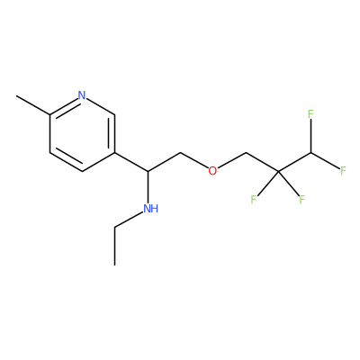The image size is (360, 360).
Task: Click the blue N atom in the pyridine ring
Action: pyautogui.click(x=82, y=95)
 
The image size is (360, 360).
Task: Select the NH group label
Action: pyautogui.click(x=150, y=209)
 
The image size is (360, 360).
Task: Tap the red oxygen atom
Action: pyautogui.click(x=212, y=171)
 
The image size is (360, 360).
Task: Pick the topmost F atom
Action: pyautogui.click(x=310, y=114)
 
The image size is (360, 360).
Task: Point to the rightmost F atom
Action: pyautogui.click(x=343, y=171)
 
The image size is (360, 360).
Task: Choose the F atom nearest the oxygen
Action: pyautogui.click(x=254, y=199)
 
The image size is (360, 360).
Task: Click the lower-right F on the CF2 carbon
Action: pyautogui.click(x=301, y=199)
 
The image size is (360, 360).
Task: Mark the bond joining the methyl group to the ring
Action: pyautogui.click(x=33, y=105)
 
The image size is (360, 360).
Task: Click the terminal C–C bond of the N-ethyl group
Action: pyautogui.click(x=114, y=247)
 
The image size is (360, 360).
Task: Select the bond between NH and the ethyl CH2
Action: pyautogui.click(x=129, y=220)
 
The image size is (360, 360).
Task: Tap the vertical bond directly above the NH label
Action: pyautogui.click(x=148, y=186)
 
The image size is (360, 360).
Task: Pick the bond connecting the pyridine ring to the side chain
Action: pyautogui.click(x=131, y=162)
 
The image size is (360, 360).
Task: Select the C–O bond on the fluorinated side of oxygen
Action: pyautogui.click(x=232, y=160)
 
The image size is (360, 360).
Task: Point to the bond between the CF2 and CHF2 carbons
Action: pyautogui.click(x=294, y=162)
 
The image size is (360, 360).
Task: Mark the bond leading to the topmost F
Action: pyautogui.click(x=310, y=136)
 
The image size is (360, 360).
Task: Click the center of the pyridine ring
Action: pyautogui.click(x=82, y=133)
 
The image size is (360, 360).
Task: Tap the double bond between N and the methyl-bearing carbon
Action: pyautogui.click(x=64, y=105)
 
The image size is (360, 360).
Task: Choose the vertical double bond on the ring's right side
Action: pyautogui.click(x=112, y=133)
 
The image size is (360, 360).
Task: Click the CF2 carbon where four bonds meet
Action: pyautogui.click(x=278, y=172)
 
